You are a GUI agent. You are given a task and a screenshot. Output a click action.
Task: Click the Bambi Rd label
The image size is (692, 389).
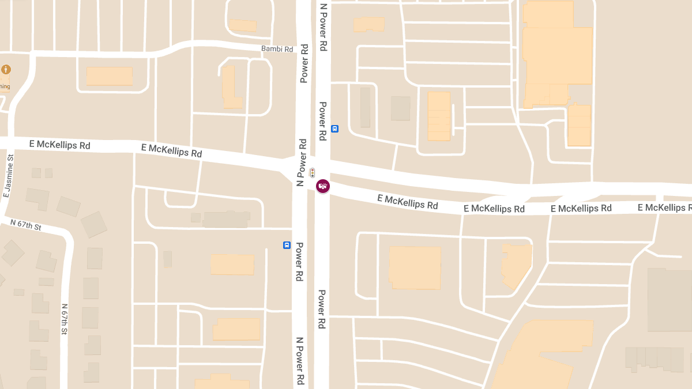[277, 49]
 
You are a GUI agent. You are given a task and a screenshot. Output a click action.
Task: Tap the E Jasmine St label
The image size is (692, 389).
[8, 176]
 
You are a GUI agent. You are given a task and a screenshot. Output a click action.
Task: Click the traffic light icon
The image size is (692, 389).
[312, 172]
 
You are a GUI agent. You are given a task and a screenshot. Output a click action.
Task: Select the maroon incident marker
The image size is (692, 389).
[323, 186]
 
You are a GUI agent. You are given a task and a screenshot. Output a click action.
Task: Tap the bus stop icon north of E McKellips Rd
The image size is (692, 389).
[335, 129]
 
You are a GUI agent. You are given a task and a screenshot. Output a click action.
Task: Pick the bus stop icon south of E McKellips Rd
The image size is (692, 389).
[287, 245]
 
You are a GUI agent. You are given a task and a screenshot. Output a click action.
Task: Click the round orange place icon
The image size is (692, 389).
[6, 70]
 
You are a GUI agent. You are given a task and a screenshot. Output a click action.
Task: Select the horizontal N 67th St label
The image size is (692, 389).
[26, 224]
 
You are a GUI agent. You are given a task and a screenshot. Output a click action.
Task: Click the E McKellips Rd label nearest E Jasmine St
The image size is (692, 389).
[63, 145]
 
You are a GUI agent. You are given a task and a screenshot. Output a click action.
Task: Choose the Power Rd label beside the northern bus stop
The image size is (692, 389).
[323, 122]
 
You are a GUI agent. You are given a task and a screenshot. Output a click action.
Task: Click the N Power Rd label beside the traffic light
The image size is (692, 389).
[300, 163]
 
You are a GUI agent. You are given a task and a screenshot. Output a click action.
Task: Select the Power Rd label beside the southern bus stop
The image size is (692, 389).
[299, 262]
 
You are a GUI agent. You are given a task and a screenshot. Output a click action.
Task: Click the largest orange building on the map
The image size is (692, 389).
[557, 55]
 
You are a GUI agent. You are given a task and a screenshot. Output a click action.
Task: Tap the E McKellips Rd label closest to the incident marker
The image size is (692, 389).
[407, 202]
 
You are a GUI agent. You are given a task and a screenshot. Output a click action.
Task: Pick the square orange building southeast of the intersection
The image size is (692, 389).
[415, 267]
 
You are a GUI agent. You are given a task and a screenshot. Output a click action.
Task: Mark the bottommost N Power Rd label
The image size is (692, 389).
[300, 362]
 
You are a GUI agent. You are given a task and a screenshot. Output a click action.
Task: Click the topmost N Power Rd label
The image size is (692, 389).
[324, 27]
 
